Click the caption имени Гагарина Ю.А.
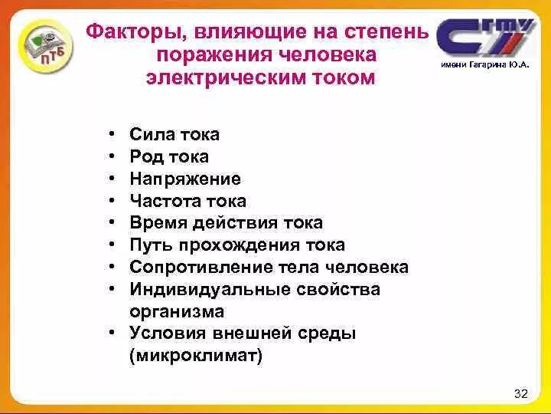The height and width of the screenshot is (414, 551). coord(484,67)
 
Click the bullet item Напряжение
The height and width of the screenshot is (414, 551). coord(185,179)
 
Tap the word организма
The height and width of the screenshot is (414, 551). coord(177,312)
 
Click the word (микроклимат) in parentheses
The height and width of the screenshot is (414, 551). coord(195,356)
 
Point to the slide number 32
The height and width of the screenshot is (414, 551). coord(521,394)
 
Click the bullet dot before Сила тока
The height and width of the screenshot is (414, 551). coord(112,136)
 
